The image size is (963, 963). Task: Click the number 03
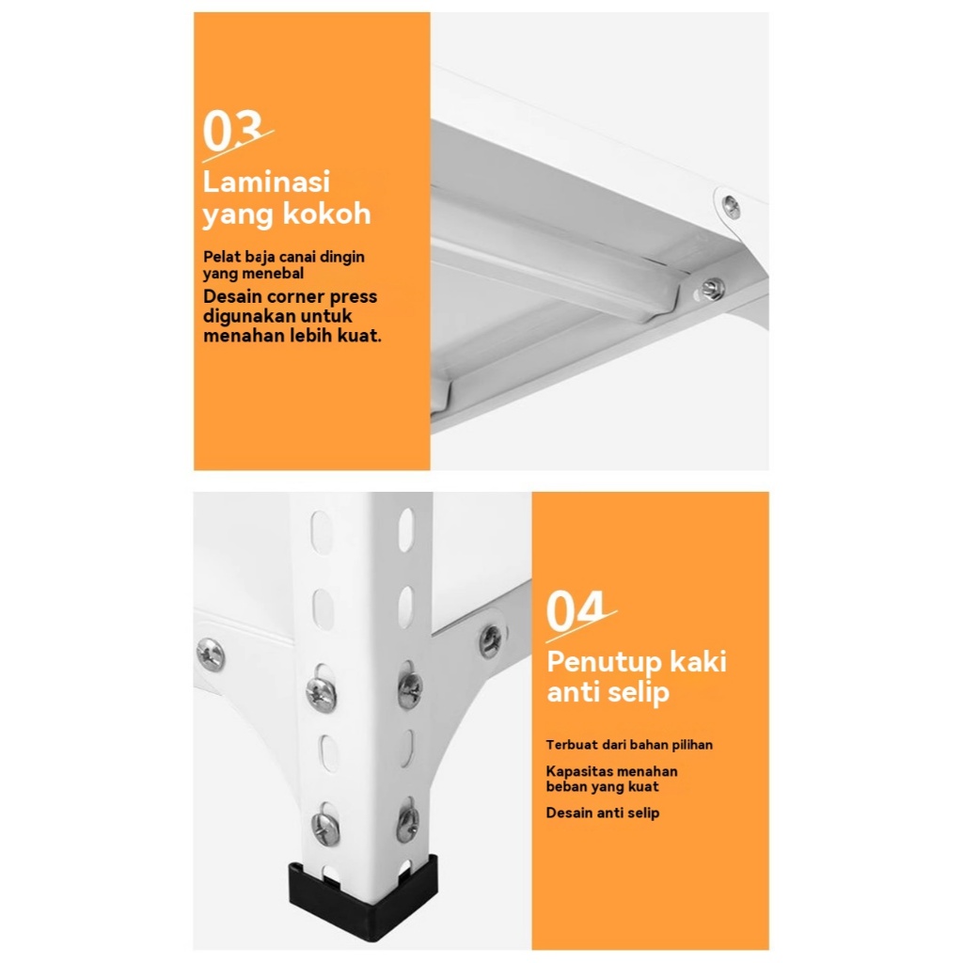tap(233, 130)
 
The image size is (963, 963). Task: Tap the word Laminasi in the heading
tap(266, 182)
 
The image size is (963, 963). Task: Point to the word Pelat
tap(222, 257)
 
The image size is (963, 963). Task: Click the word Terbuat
tap(572, 745)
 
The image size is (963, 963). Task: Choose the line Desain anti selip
tap(603, 813)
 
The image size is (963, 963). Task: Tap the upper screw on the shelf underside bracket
tap(731, 207)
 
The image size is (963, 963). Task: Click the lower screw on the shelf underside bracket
tap(713, 289)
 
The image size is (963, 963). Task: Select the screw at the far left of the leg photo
tap(211, 655)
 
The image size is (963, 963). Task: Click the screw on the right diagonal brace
tap(490, 641)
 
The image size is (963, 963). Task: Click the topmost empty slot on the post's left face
tap(322, 532)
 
